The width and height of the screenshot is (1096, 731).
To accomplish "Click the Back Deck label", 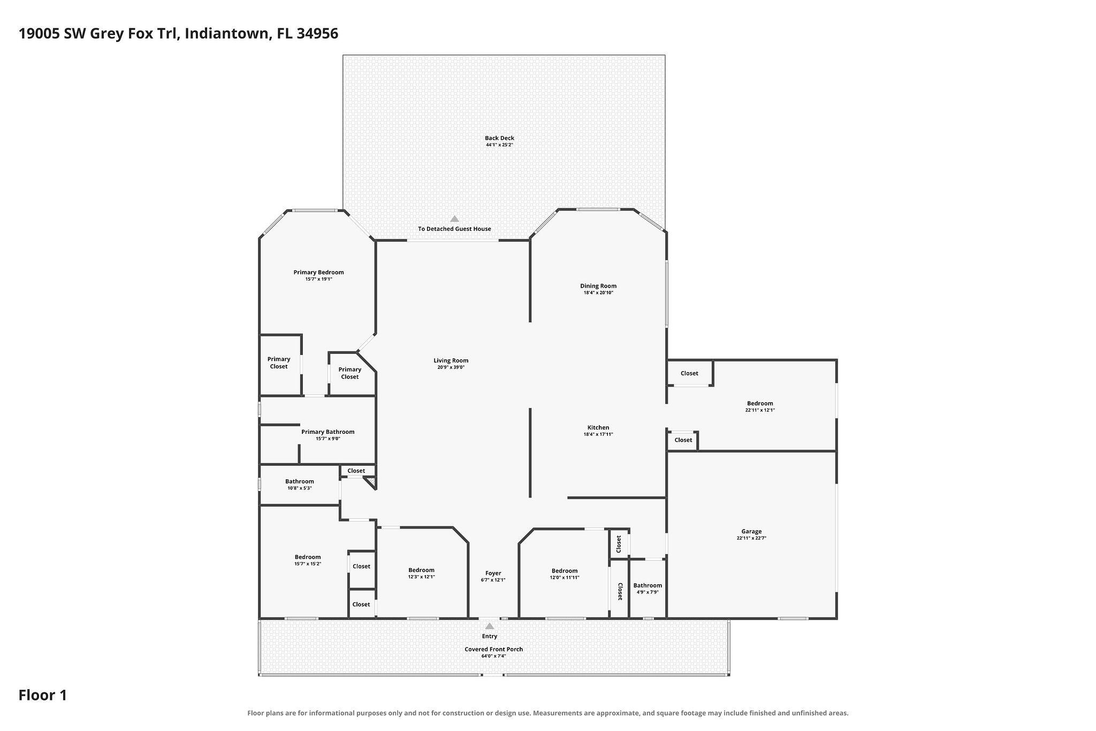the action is [499, 138].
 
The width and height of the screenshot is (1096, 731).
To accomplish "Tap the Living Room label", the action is [451, 360].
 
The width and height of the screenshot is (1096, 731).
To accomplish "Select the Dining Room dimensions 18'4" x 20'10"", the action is [598, 293].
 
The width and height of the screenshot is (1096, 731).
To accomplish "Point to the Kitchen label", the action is [598, 427].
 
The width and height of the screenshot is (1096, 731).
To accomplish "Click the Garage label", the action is [751, 531].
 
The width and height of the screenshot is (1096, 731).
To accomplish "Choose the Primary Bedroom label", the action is [318, 272].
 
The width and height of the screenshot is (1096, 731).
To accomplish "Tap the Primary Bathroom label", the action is [328, 432].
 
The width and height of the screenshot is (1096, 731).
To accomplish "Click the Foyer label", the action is [493, 573].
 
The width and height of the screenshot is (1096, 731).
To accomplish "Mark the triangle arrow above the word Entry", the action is [489, 626].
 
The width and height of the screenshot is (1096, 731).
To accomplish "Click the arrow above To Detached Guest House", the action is [454, 218].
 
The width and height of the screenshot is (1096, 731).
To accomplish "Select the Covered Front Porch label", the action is [493, 649].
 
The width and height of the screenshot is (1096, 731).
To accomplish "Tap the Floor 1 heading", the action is [43, 695].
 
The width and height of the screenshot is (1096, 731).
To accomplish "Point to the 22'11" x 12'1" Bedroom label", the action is [760, 403].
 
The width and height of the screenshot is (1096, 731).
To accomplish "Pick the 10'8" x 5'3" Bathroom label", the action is [299, 481].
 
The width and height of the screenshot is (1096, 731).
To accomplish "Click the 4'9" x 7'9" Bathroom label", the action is [648, 585].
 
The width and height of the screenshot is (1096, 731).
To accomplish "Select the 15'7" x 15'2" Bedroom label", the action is [307, 557].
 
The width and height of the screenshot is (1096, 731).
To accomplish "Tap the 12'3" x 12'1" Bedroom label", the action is [421, 570].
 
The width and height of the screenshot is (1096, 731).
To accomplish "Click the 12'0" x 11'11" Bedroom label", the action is [565, 571].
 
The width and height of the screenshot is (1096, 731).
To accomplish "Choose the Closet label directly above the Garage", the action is [683, 440].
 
